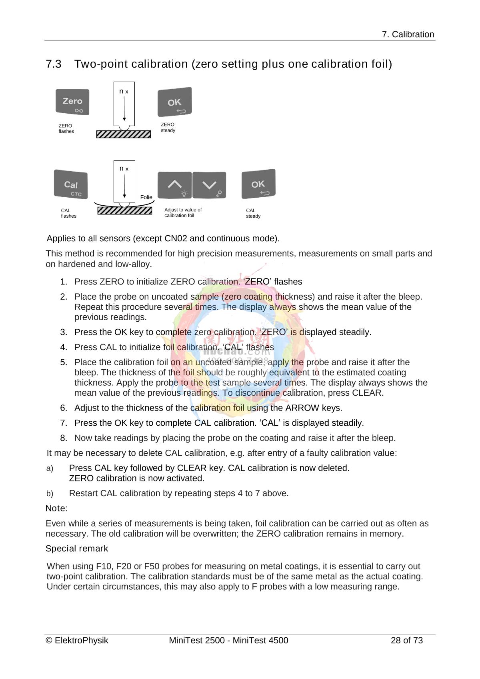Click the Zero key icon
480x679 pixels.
click(x=72, y=102)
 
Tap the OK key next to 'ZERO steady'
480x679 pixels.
click(x=175, y=102)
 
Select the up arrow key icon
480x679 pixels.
click(x=174, y=185)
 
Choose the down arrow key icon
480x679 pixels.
click(x=209, y=185)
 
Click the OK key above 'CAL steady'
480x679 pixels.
click(x=258, y=184)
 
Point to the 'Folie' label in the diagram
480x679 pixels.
click(x=146, y=197)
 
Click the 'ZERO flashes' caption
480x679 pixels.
click(x=66, y=128)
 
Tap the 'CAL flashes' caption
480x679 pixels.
click(x=68, y=213)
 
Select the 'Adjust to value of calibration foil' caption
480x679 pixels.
click(x=183, y=212)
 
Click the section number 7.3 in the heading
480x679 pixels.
click(x=54, y=64)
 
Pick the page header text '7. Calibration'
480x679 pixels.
click(x=408, y=34)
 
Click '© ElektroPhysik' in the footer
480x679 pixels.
click(x=77, y=640)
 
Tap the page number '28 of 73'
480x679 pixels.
click(x=406, y=640)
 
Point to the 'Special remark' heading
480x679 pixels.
click(x=77, y=549)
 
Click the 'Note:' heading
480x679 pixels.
click(x=56, y=509)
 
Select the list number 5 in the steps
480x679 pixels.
click(x=64, y=363)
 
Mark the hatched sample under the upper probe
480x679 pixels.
click(x=124, y=134)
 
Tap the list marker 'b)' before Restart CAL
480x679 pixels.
click(x=50, y=494)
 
